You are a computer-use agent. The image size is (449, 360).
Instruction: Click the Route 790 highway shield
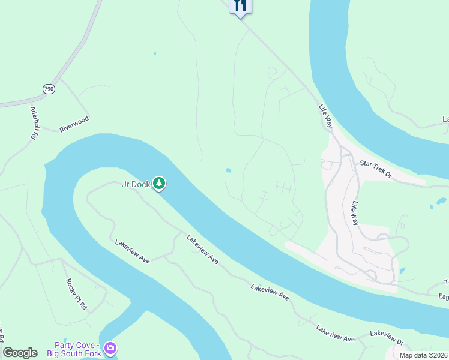[49, 89]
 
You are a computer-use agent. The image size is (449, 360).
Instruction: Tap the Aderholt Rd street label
[34, 124]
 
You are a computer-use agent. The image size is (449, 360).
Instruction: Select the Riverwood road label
[74, 124]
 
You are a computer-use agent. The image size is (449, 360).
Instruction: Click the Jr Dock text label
[136, 184]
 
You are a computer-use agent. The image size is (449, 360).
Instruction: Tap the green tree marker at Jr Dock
[158, 183]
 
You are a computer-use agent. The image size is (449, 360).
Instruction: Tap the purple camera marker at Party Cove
[110, 347]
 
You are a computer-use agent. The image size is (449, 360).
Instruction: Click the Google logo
[20, 353]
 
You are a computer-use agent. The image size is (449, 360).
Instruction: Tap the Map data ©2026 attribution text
[423, 355]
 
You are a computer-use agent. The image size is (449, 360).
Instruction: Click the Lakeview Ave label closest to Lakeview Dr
[336, 334]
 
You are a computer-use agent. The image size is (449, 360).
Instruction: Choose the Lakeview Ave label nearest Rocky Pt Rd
[133, 250]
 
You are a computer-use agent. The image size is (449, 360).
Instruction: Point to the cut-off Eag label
[442, 296]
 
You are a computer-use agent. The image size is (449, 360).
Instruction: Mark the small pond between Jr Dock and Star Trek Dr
[228, 170]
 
